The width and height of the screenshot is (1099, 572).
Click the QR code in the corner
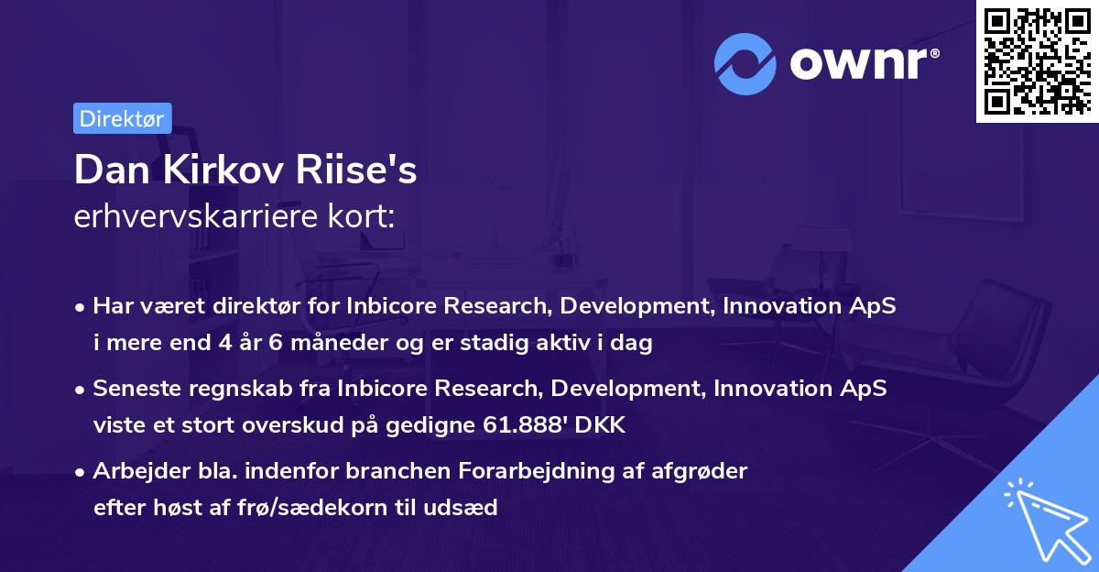(1037, 60)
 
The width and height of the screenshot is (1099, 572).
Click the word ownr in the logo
(865, 62)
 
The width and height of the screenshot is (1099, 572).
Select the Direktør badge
(122, 118)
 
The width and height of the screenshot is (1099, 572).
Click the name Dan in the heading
(108, 170)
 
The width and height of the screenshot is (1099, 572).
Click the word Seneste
(137, 390)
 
